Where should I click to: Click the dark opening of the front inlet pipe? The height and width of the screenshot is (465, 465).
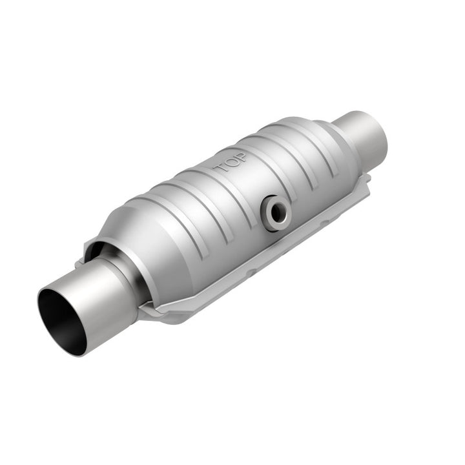[x=59, y=320]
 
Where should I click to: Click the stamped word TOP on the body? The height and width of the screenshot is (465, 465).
[x=230, y=163]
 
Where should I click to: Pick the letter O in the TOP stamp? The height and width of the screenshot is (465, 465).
[x=230, y=163]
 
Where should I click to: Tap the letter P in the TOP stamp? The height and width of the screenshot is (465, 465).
[x=240, y=158]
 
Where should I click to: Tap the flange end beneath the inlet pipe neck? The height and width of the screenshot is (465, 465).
[x=155, y=313]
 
